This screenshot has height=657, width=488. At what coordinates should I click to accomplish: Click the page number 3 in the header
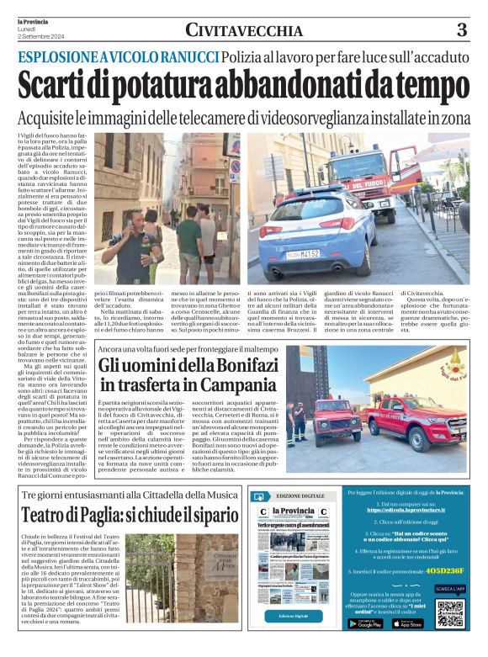pos(461,30)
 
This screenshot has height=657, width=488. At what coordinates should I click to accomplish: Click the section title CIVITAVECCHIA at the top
pos(244,31)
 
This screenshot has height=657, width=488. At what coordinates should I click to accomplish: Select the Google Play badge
pos(364,623)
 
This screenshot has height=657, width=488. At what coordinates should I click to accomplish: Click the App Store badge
pos(408,623)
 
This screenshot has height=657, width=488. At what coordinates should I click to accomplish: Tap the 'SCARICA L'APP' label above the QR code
pos(450,590)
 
